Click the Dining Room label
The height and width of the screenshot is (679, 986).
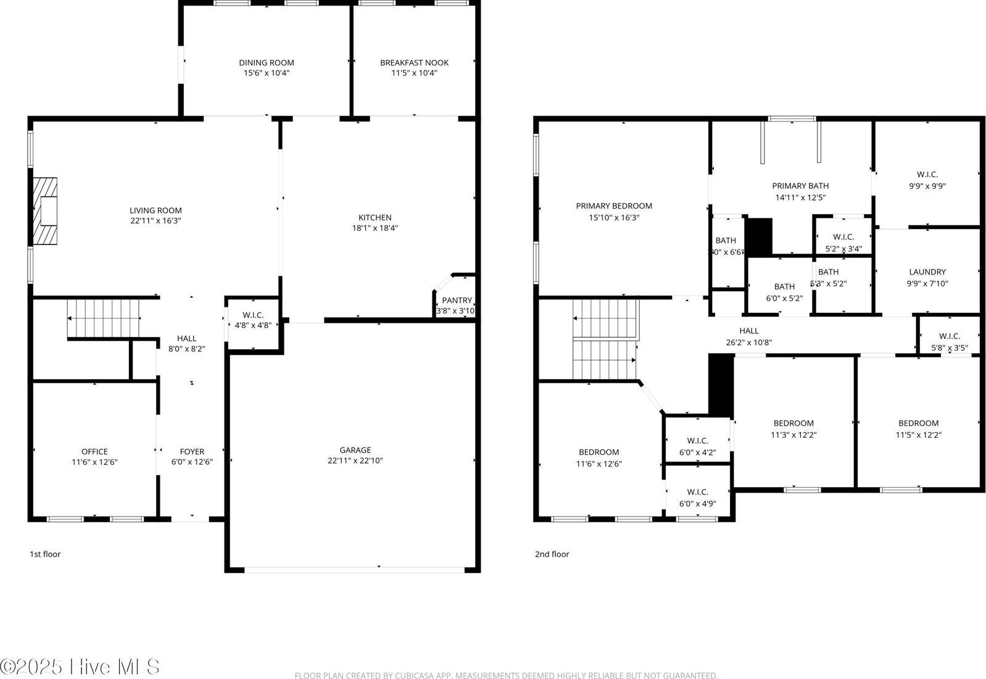coord(267,62)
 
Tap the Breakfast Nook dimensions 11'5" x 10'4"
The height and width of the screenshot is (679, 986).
coord(414,73)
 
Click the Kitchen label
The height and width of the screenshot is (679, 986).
coord(375,217)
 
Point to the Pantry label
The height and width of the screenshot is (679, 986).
coord(457,301)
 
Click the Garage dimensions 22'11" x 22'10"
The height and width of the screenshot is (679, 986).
coord(355,460)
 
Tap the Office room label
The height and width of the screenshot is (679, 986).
coord(94,452)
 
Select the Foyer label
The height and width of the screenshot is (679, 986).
coord(192,452)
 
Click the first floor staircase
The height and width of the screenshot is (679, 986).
coord(104,318)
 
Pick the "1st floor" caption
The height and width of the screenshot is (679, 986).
coord(45,554)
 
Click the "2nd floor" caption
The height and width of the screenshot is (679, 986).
coord(552,554)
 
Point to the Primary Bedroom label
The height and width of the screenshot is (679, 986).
coord(614,206)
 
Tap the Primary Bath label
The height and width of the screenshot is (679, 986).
coord(800,186)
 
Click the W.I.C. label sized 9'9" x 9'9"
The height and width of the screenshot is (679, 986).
coord(927,175)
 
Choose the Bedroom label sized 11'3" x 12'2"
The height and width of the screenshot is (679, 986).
coord(793,423)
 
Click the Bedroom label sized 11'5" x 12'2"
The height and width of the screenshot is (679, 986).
coord(918,423)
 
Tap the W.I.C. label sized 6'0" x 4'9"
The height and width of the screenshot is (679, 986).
coord(697,492)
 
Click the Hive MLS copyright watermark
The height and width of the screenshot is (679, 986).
coord(80,667)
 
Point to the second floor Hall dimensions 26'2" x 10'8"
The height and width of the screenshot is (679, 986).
coord(748,343)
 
